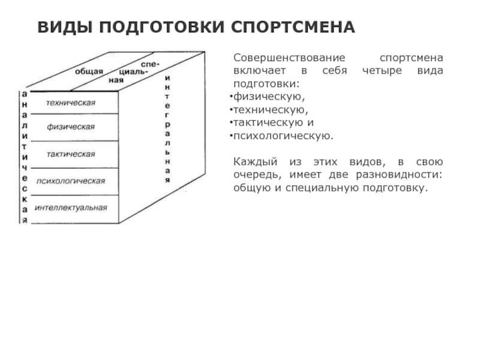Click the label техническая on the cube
(71, 103)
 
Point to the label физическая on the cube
(71, 127)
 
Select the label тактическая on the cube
(71, 154)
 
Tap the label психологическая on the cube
(71, 181)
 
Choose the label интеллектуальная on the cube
(71, 208)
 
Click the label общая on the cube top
(89, 71)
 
